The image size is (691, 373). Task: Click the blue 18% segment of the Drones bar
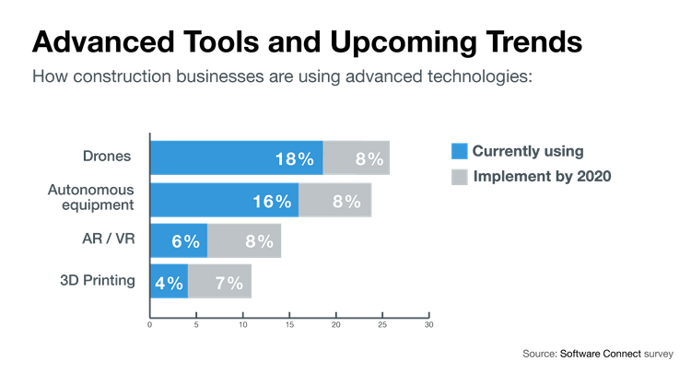tap(236, 157)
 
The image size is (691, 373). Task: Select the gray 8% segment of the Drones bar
tap(357, 157)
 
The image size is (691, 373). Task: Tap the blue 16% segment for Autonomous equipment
tap(224, 200)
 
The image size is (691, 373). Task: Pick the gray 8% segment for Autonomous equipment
tap(335, 200)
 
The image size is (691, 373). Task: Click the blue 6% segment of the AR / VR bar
tap(178, 241)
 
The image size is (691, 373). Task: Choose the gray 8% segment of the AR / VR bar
tap(245, 241)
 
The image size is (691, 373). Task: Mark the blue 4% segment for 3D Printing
tap(169, 282)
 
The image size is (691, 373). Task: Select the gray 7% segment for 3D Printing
tap(220, 282)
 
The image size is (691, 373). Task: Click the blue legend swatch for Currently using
tap(458, 150)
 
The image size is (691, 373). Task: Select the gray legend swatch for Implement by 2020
tap(458, 175)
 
